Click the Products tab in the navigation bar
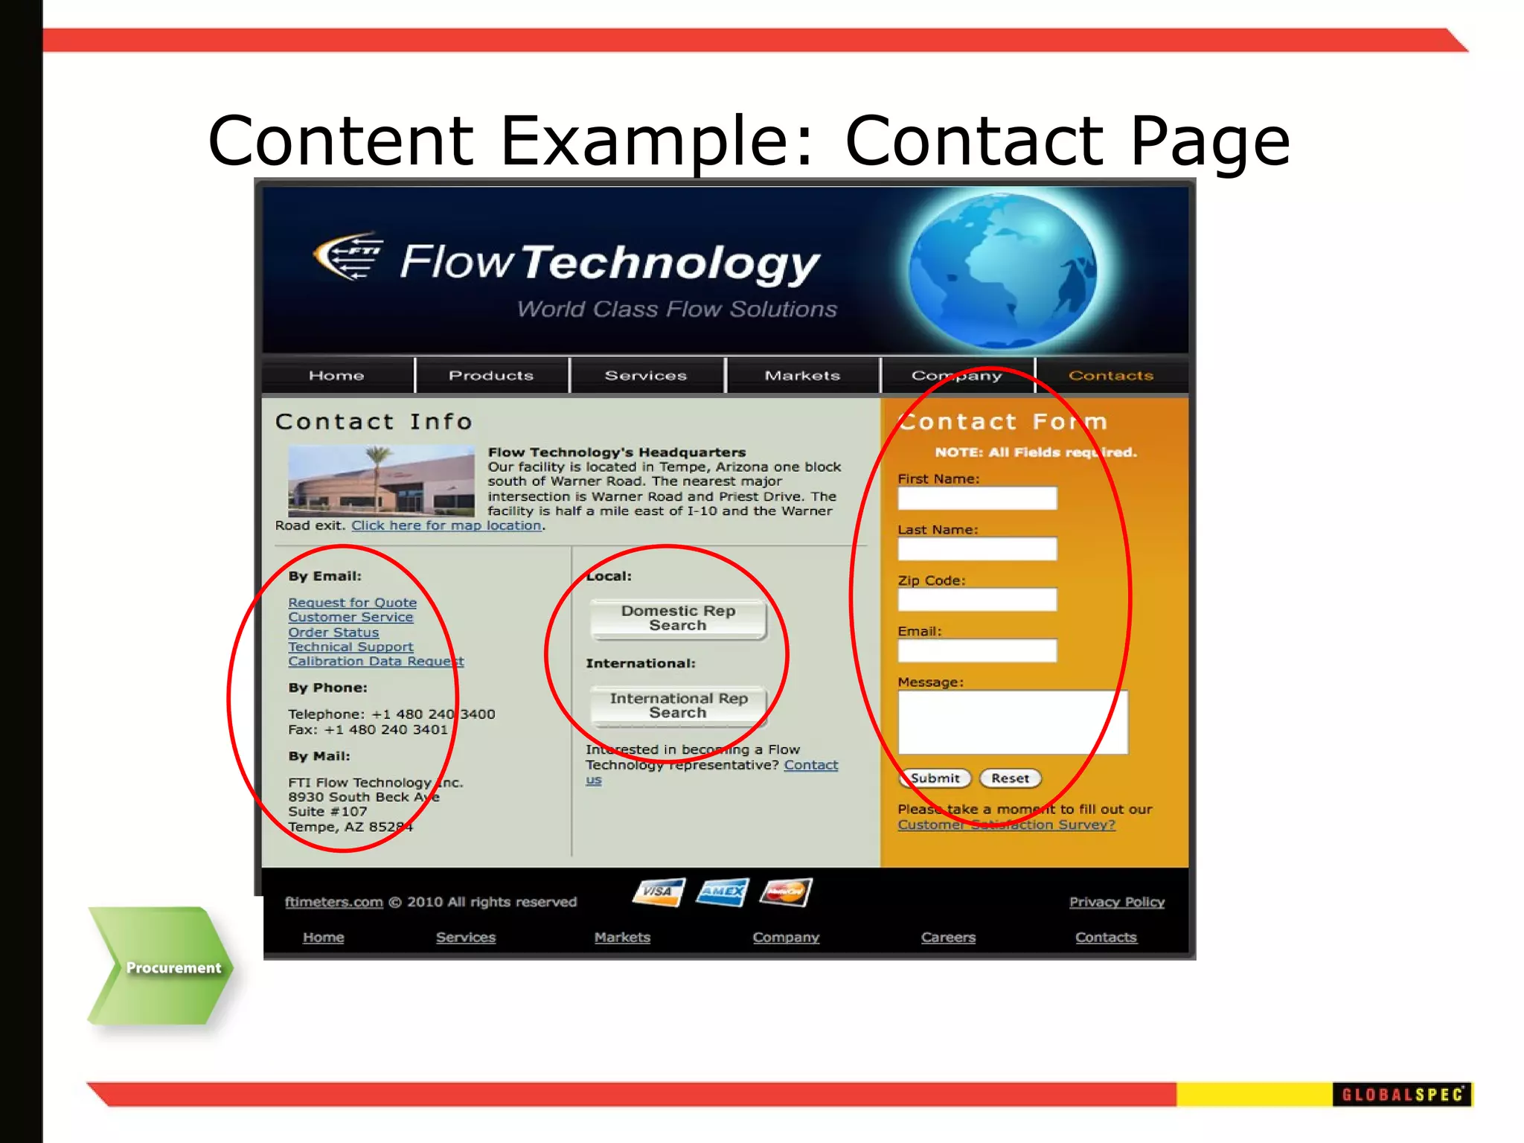[491, 376]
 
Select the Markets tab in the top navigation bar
[802, 376]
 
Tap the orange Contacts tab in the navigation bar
[1111, 376]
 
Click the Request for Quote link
[352, 603]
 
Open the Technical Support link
[350, 647]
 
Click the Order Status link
[333, 633]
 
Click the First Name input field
[976, 499]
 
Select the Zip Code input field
[976, 600]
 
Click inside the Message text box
[1012, 722]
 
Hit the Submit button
[935, 778]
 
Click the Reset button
[1010, 778]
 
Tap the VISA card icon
[658, 891]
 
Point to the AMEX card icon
[722, 891]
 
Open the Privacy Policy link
[1116, 902]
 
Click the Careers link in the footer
[948, 938]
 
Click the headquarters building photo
[381, 481]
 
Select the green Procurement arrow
[164, 967]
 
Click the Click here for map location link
[446, 525]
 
